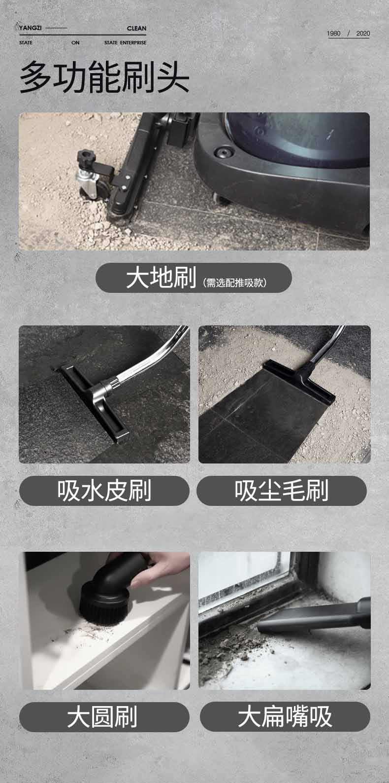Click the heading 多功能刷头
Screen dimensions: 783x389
click(x=104, y=77)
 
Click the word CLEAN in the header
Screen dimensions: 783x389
click(x=136, y=29)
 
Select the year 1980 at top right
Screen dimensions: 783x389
click(x=333, y=34)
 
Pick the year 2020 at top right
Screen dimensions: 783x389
click(x=362, y=34)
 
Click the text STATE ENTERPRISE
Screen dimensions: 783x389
click(x=125, y=43)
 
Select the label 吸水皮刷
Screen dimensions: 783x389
click(x=104, y=491)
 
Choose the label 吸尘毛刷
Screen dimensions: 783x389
click(x=282, y=491)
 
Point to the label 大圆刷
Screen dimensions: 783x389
click(x=102, y=717)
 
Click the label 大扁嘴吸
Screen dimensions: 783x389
click(x=285, y=717)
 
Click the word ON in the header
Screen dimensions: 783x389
click(x=75, y=43)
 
